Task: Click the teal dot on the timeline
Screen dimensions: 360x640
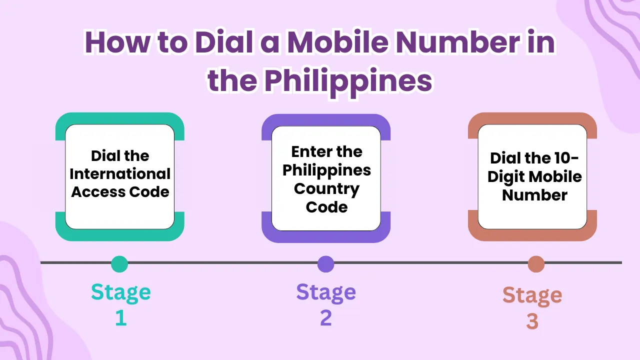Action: coord(119,263)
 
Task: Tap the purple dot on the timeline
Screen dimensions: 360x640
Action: coord(325,263)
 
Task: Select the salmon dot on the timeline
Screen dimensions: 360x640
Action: coord(536,264)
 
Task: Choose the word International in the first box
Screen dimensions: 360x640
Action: coord(120,174)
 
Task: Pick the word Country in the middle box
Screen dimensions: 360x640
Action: coord(326,189)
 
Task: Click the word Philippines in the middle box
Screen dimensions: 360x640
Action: coord(326,170)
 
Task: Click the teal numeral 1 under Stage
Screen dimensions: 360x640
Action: coord(121,318)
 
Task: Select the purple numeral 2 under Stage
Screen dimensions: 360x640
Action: coord(326,318)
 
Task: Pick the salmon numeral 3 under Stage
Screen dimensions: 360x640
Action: coord(532,321)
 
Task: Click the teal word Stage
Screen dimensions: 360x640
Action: coord(120,292)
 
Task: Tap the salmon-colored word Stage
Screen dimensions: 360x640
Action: coord(532,295)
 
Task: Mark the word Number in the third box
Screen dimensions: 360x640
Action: coord(534,195)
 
